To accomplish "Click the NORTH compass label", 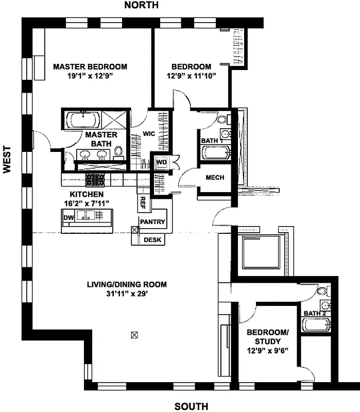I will pyautogui.click(x=141, y=6).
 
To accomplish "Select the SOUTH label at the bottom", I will pyautogui.click(x=191, y=406).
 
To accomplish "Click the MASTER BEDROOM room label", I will pyautogui.click(x=90, y=67).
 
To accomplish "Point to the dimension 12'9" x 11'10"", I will pyautogui.click(x=191, y=76).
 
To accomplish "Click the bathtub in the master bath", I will pyautogui.click(x=84, y=121).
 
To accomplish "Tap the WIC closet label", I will pyautogui.click(x=149, y=133).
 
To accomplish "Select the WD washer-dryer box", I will pyautogui.click(x=161, y=162).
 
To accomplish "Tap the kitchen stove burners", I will pyautogui.click(x=95, y=180).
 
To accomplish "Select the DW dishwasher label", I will pyautogui.click(x=68, y=218).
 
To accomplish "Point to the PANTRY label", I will pyautogui.click(x=153, y=222).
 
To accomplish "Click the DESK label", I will pyautogui.click(x=152, y=239).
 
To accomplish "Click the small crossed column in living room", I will pyautogui.click(x=135, y=335).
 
